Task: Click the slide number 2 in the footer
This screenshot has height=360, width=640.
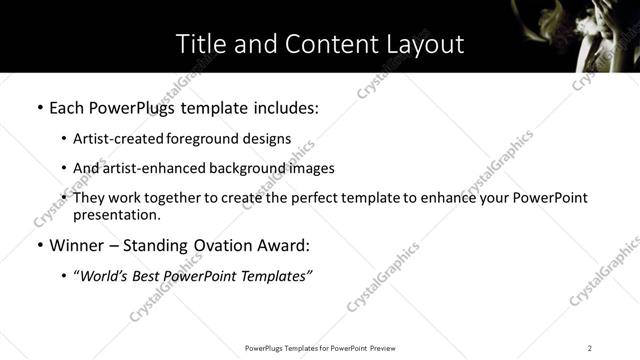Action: (x=590, y=348)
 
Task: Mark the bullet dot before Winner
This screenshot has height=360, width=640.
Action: (x=38, y=246)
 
